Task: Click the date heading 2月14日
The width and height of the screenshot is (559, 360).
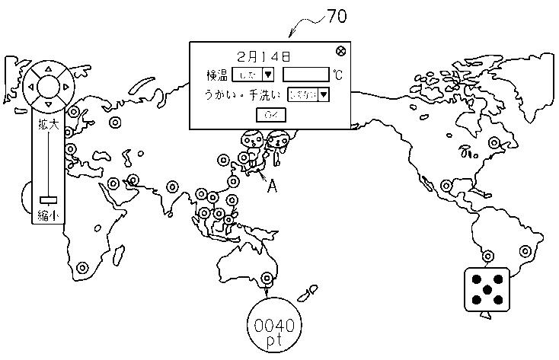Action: pos(264,56)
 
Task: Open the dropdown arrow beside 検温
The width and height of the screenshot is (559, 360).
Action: pos(267,75)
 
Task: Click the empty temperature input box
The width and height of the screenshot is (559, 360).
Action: pos(305,75)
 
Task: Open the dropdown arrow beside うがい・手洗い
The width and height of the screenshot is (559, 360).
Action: pos(324,94)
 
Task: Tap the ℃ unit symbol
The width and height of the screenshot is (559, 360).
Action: pos(337,75)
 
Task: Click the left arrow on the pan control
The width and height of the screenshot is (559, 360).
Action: pos(31,86)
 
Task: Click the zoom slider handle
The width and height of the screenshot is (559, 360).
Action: pos(47,199)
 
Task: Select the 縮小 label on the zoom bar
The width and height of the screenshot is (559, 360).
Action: pos(47,216)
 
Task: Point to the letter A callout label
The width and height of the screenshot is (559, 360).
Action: pos(270,184)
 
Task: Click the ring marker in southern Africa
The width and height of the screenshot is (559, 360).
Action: pos(82,267)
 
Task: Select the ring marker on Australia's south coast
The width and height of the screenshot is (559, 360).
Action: pos(267,279)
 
